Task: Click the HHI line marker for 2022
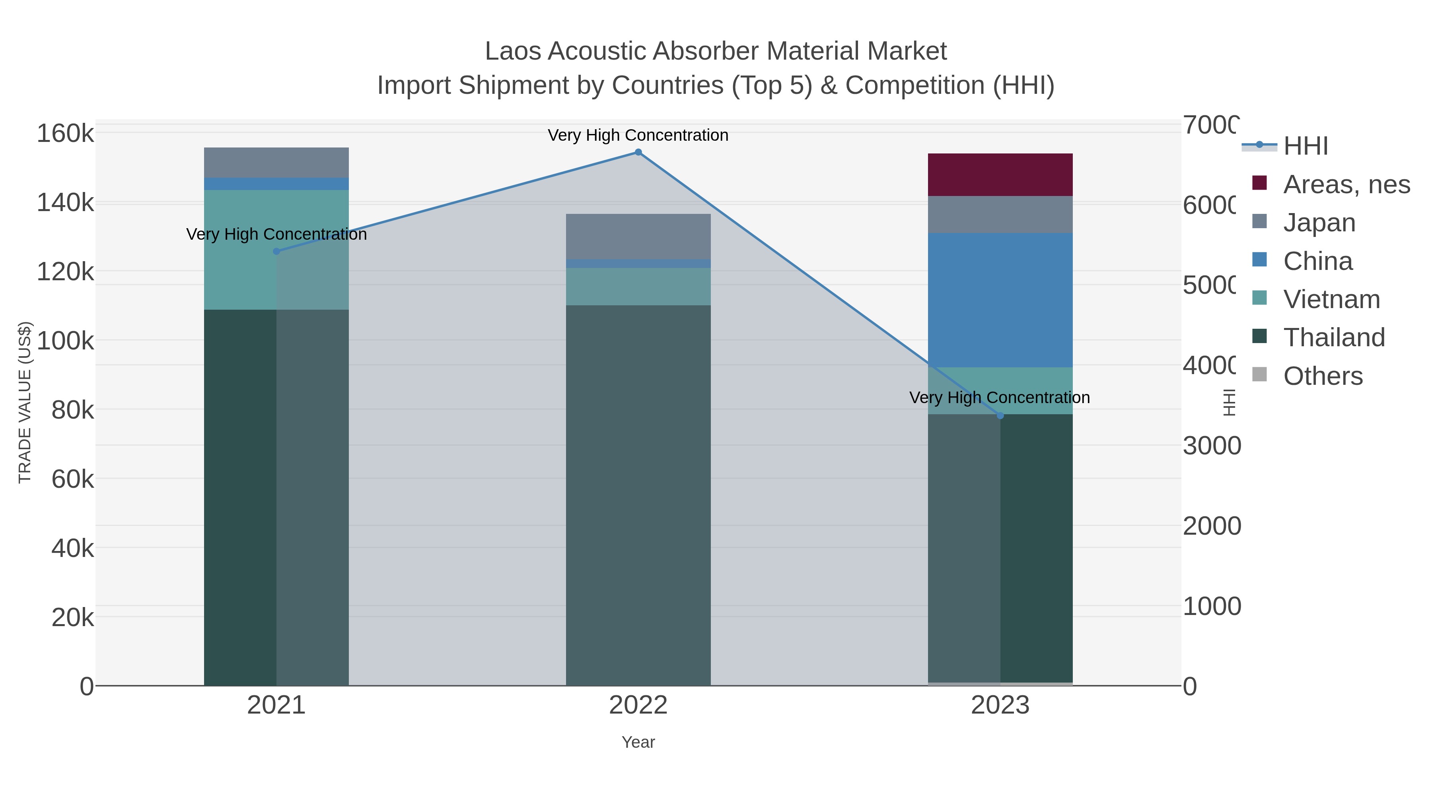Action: [638, 152]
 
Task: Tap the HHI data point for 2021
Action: [276, 252]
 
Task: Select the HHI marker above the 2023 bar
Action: [1000, 415]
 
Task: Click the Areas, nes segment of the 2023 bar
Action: [1000, 175]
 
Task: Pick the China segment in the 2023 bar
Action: [1000, 300]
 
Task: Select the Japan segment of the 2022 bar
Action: [638, 236]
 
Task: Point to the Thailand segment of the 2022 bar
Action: [638, 495]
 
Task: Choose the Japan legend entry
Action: [1319, 223]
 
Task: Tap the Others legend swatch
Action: [1260, 375]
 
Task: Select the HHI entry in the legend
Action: [1305, 146]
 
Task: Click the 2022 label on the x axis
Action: [638, 706]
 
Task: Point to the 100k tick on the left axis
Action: [65, 341]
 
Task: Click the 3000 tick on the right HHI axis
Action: [1211, 446]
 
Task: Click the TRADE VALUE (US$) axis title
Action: [25, 402]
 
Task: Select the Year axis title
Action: [638, 742]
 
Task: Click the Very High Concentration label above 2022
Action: [638, 136]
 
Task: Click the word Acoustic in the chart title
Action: [598, 51]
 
